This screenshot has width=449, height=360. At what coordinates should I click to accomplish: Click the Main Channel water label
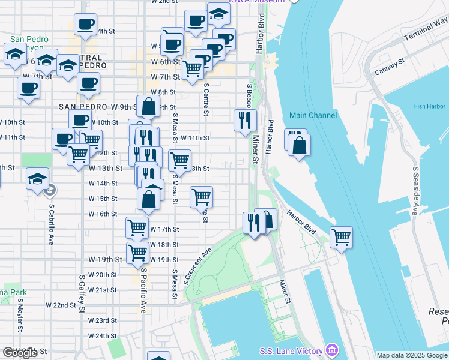(x=313, y=115)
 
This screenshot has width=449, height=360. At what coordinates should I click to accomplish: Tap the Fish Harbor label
(x=429, y=107)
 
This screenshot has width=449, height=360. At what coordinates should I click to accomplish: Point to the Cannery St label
(x=390, y=67)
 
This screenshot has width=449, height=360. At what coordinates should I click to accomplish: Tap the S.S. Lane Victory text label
(x=291, y=351)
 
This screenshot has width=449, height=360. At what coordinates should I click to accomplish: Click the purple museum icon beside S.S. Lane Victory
(x=331, y=350)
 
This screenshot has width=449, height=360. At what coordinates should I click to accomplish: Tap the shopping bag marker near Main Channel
(x=299, y=145)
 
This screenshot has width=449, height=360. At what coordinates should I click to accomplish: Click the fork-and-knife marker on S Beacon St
(x=245, y=120)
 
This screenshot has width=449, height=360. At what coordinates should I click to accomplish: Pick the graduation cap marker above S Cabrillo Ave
(x=37, y=178)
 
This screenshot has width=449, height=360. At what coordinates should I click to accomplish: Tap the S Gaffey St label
(x=81, y=294)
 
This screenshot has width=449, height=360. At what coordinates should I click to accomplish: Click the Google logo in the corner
(x=20, y=353)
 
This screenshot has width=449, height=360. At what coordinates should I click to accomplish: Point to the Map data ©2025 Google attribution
(x=412, y=355)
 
